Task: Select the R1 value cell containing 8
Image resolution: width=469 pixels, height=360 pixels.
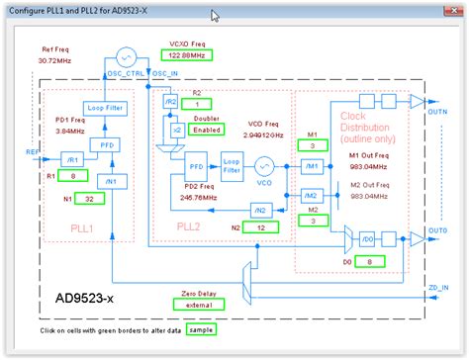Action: [72, 175]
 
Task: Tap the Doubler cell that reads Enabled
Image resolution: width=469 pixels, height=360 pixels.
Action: [207, 129]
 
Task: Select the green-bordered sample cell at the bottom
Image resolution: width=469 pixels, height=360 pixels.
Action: [201, 329]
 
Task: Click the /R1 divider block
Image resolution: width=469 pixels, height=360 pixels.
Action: [71, 156]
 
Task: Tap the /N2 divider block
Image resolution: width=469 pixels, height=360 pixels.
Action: [260, 210]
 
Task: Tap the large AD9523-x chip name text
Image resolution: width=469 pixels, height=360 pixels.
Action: [90, 296]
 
